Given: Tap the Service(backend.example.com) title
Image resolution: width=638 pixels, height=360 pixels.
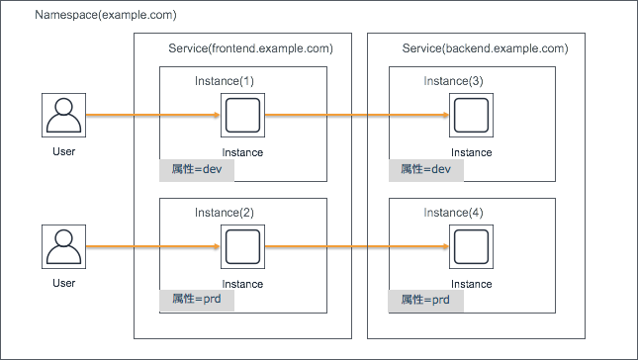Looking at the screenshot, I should click(x=485, y=48).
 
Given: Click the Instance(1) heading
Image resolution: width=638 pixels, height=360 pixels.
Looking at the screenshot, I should click(x=225, y=80).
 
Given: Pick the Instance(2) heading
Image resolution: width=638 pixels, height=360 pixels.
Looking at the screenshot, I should click(x=225, y=213).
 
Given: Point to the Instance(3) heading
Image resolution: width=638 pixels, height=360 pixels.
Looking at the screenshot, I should click(x=454, y=80).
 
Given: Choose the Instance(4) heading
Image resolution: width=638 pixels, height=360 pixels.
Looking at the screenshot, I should click(x=454, y=213).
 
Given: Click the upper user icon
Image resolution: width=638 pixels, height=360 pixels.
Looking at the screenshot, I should click(x=64, y=116).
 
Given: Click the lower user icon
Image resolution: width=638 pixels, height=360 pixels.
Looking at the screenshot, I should click(x=64, y=247).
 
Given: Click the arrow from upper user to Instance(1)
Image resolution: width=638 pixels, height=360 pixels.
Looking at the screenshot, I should click(x=153, y=116).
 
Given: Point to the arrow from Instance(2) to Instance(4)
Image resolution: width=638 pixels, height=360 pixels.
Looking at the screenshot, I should click(x=356, y=247).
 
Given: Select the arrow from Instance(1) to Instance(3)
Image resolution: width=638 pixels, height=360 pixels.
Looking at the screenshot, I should click(x=356, y=116).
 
